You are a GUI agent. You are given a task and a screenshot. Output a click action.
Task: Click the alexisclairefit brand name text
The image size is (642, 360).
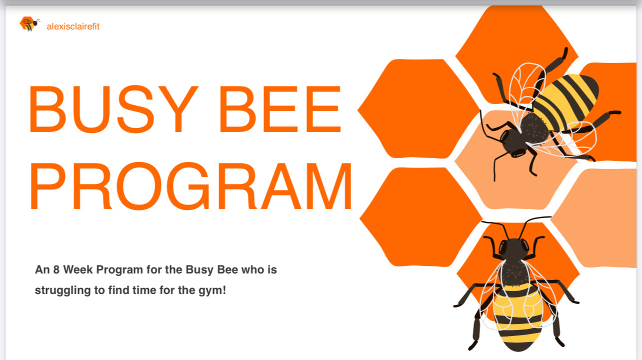pos(73,26)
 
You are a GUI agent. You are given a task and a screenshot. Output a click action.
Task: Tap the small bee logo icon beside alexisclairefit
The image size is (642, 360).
pos(30,24)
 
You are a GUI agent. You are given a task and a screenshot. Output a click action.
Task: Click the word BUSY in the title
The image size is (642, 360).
pos(113,109)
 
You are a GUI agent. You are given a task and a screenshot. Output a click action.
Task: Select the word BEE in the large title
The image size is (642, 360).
pos(280,109)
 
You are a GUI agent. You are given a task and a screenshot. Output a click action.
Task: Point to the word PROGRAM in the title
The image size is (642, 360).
pos(191,185)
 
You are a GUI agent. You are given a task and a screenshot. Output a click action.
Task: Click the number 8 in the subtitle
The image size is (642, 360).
pos(56,269)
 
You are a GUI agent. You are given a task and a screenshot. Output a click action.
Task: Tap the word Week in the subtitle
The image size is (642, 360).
pos(78,269)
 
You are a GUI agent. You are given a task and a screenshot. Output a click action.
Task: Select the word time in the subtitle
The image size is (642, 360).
pos(144,290)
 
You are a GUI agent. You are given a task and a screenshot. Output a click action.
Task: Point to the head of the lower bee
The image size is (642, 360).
pos(514,248)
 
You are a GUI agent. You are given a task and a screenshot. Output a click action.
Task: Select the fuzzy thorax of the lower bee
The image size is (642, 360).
pos(515,272)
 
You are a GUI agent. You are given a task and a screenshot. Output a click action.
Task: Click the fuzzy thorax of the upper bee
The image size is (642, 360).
pos(534,128)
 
